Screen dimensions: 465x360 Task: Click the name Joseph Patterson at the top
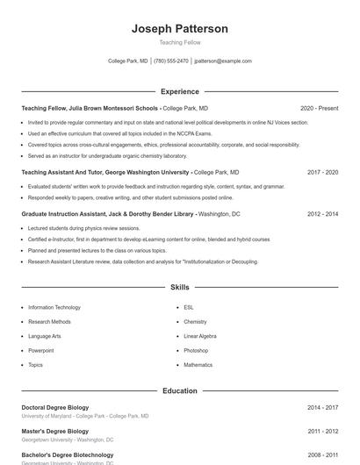[180, 29]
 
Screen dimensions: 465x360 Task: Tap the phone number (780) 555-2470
[171, 61]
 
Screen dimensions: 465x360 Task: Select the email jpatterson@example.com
[223, 61]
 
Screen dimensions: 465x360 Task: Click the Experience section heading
[180, 91]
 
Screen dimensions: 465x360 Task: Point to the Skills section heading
[180, 287]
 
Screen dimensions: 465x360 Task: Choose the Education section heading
[180, 390]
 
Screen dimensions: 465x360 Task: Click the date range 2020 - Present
[319, 108]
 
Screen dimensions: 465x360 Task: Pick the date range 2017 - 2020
[322, 173]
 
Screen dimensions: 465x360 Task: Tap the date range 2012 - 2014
[322, 213]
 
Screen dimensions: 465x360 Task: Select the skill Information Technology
[54, 308]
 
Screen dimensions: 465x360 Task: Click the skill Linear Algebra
[200, 336]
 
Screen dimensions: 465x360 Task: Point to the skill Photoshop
[196, 350]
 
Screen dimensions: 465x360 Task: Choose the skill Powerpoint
[41, 350]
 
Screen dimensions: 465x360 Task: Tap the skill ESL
[189, 308]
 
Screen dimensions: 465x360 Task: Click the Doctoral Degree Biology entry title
[54, 408]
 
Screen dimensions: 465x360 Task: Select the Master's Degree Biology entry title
[54, 432]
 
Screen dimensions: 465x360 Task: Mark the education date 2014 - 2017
[322, 408]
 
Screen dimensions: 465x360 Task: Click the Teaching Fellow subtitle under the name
[180, 42]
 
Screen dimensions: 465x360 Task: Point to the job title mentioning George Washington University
[105, 173]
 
